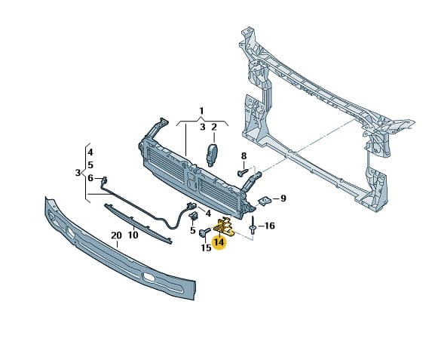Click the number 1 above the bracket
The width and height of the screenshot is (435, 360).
202,111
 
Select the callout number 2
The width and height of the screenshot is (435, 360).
214,128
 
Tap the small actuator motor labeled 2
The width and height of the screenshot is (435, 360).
212,155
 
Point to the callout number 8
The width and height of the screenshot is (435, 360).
244,156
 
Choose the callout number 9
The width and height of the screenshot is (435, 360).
283,198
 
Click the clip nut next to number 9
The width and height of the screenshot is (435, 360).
265,201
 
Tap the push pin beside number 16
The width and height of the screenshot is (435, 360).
253,225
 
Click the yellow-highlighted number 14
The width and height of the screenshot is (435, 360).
219,242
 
